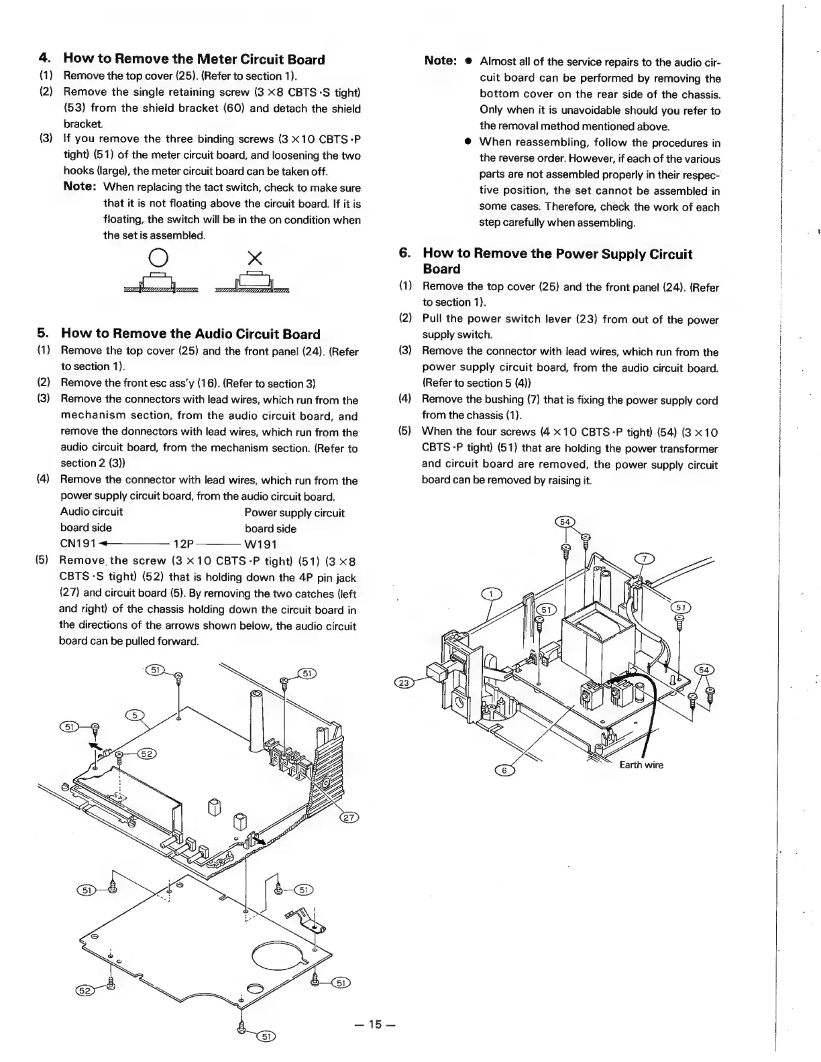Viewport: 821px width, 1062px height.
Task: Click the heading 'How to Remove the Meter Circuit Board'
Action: point(194,60)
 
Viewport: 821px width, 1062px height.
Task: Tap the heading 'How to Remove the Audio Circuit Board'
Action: point(190,334)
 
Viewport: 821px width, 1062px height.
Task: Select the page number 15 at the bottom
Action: point(375,1024)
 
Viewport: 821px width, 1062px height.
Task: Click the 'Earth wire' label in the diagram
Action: point(641,765)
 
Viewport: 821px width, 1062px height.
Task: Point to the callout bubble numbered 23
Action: point(403,683)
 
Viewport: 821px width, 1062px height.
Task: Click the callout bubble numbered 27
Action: point(350,817)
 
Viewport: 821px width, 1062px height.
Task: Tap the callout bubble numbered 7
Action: point(644,559)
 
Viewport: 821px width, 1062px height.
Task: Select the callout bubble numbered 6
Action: point(505,770)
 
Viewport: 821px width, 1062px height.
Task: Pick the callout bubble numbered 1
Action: point(492,594)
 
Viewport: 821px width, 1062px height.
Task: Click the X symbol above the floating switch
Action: point(254,257)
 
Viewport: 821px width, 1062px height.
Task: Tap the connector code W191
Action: point(261,544)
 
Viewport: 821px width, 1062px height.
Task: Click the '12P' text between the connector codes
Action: point(184,544)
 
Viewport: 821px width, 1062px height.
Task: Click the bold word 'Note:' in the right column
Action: point(441,61)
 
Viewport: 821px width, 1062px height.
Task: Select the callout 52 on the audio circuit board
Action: point(147,754)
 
